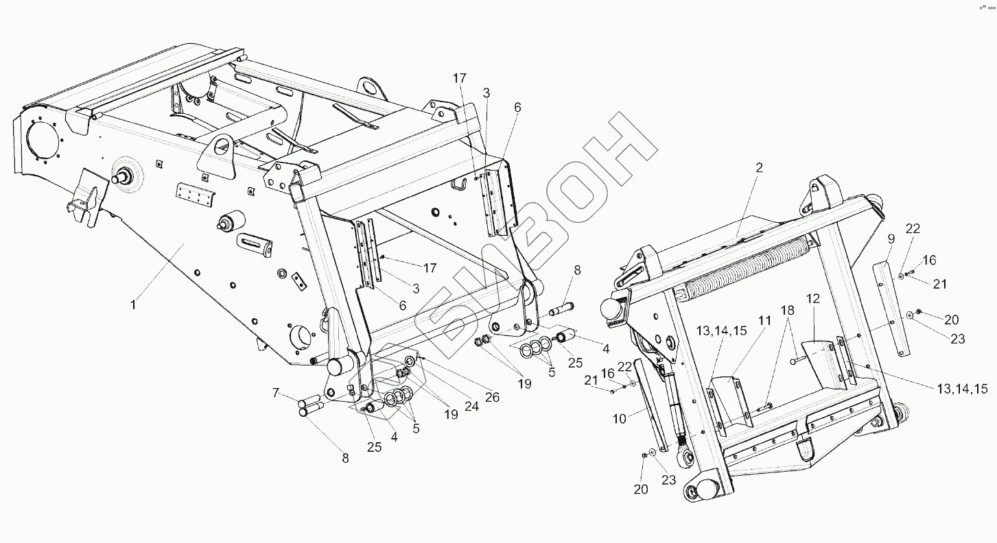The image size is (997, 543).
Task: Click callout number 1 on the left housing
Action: [134, 304]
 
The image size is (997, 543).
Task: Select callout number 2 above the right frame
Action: [759, 168]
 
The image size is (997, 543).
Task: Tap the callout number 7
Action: [277, 393]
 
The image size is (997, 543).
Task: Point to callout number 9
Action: [891, 239]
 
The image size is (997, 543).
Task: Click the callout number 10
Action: [620, 418]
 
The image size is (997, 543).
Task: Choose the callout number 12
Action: [813, 299]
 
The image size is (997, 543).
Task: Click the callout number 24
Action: [471, 406]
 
